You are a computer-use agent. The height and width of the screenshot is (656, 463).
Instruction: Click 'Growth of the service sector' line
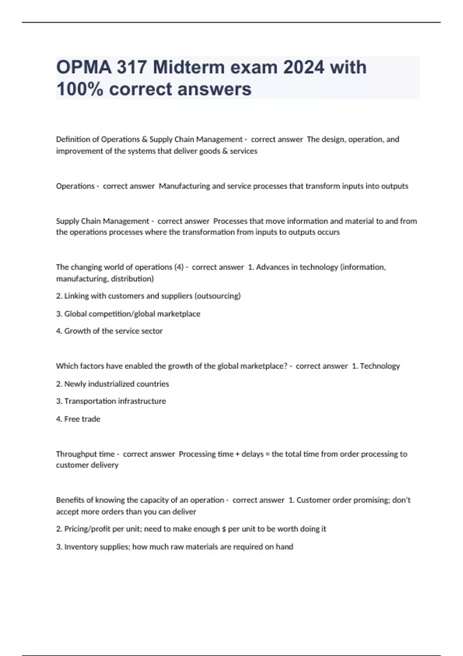click(113, 331)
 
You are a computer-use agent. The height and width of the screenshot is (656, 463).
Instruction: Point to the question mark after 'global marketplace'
click(286, 366)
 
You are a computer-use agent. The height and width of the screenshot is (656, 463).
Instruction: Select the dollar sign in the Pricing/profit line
click(224, 529)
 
